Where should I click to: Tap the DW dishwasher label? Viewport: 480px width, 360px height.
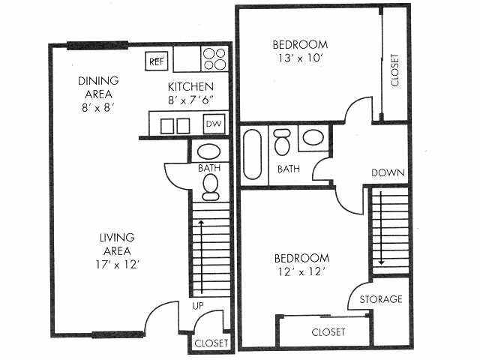tap(214, 124)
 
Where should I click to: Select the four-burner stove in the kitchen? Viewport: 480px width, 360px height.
tap(214, 58)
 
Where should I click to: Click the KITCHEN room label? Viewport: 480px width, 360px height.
tap(191, 87)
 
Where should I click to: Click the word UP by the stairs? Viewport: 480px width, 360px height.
tap(199, 306)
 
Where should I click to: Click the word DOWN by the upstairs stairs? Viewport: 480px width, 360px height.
tap(388, 172)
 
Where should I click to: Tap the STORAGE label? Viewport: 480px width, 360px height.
tap(380, 299)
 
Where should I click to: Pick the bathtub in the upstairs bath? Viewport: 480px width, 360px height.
tap(253, 155)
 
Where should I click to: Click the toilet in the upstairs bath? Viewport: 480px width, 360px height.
tap(283, 140)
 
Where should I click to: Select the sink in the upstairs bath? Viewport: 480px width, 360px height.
tap(311, 137)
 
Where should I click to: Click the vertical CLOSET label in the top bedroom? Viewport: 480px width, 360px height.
tap(395, 70)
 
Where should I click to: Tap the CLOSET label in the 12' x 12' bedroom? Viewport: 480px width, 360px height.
tap(328, 331)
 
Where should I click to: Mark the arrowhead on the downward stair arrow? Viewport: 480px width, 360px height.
tap(381, 262)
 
